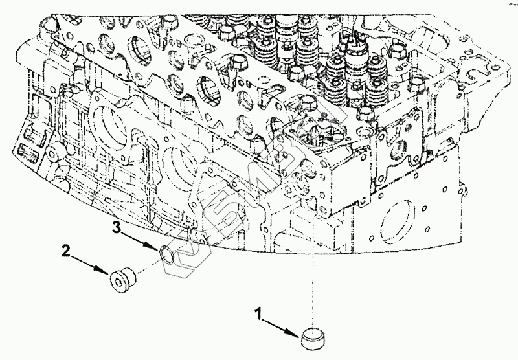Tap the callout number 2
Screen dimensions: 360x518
click(x=65, y=250)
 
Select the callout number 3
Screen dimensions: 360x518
click(x=117, y=227)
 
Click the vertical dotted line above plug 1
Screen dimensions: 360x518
click(x=314, y=272)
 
